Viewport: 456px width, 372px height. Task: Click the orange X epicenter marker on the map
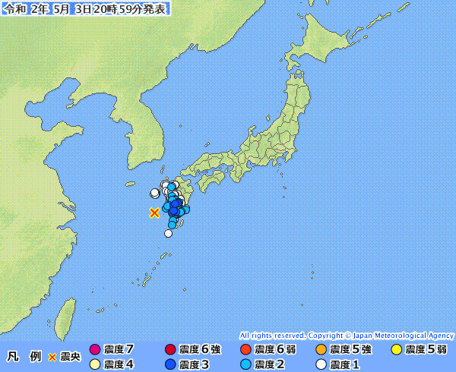tap(154, 213)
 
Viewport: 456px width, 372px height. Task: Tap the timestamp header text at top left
tap(85, 8)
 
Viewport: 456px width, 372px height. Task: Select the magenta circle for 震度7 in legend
tap(95, 350)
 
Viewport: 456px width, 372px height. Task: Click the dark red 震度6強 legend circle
tap(170, 350)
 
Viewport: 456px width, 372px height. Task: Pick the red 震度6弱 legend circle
tap(245, 350)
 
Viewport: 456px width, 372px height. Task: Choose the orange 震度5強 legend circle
tap(321, 350)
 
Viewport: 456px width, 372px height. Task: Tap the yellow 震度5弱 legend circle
tap(397, 350)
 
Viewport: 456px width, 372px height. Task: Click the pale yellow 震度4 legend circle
tap(95, 364)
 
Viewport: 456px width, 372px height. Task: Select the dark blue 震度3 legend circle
tap(170, 364)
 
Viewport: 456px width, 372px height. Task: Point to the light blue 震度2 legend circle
tap(245, 364)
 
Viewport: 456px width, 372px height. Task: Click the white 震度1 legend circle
tap(321, 364)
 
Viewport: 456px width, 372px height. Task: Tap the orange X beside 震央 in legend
tap(52, 356)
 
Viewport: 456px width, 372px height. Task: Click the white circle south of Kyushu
tap(168, 233)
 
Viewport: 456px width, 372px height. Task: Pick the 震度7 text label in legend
tap(119, 350)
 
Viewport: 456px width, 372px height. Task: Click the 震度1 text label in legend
tap(345, 364)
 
